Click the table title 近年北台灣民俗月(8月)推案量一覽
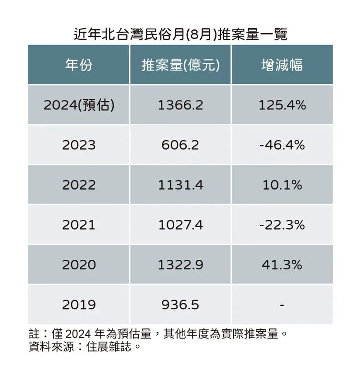(180, 35)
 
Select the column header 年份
(79, 65)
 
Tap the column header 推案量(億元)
(180, 65)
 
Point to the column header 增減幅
(282, 65)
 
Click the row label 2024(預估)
(79, 105)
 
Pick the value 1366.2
(180, 105)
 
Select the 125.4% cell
(282, 105)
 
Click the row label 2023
(79, 145)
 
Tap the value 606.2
(180, 145)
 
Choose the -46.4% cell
(282, 145)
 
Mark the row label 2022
(79, 185)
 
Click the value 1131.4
(180, 185)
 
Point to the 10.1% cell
(282, 185)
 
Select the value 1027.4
(180, 225)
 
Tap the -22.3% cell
(282, 225)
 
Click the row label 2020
(79, 265)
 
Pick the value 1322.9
(180, 265)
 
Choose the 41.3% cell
(282, 265)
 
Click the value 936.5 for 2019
(180, 304)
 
